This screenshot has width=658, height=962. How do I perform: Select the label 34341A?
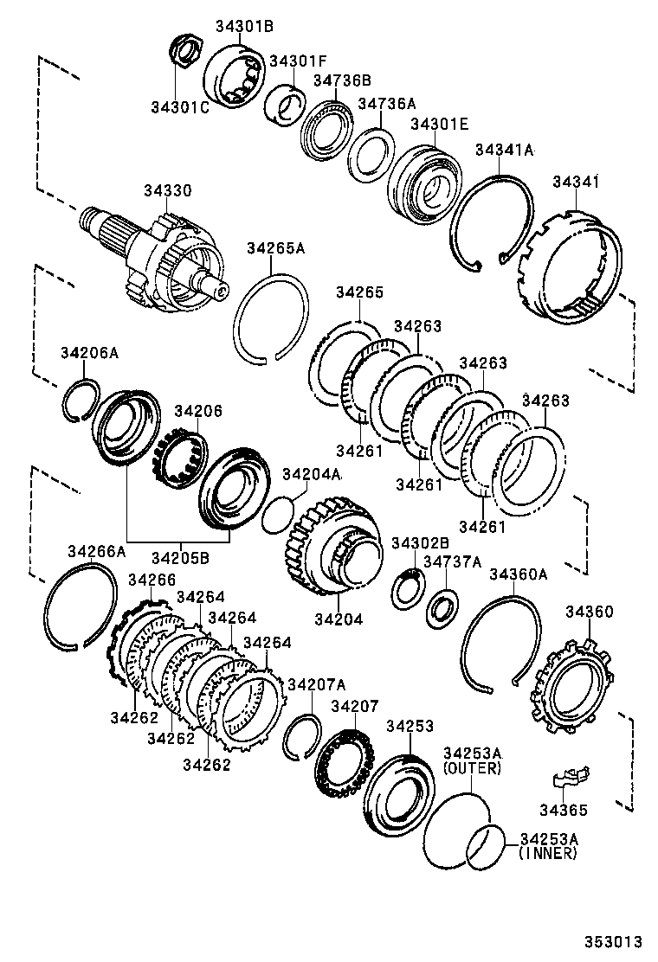pyautogui.click(x=504, y=150)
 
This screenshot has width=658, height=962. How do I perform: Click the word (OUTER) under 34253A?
pyautogui.click(x=472, y=767)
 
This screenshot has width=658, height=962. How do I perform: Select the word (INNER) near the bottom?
pyautogui.click(x=548, y=853)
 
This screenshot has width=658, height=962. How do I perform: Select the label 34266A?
pyautogui.click(x=97, y=550)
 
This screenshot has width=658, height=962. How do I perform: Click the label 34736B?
pyautogui.click(x=342, y=80)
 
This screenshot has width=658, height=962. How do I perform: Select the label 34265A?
pyautogui.click(x=276, y=248)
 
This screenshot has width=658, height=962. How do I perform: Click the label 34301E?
pyautogui.click(x=440, y=125)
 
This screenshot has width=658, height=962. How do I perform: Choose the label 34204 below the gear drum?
pyautogui.click(x=339, y=619)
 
